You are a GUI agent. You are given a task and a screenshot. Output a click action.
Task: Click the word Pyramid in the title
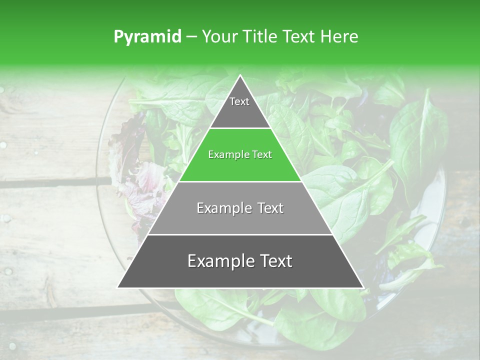[147, 37]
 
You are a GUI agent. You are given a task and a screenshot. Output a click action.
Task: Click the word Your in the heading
[220, 37]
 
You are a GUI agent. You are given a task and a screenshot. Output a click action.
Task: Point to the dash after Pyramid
[190, 37]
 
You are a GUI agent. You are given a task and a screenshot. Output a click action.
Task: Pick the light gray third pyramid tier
[240, 215]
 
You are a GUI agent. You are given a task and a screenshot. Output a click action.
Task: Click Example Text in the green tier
[240, 154]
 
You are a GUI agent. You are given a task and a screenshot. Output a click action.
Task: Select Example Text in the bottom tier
[240, 261]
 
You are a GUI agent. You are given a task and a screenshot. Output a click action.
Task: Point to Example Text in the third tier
[240, 208]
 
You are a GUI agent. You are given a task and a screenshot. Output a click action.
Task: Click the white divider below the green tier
[240, 181]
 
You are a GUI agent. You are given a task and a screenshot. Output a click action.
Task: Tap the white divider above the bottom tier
[240, 234]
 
